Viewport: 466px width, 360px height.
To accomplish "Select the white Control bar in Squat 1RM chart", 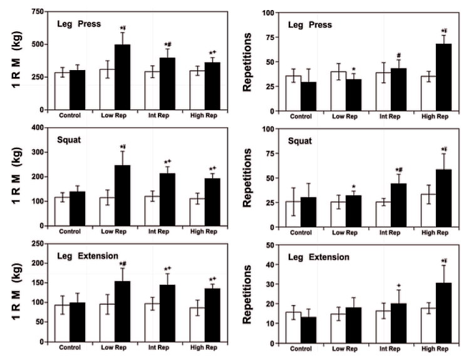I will coord(61,212).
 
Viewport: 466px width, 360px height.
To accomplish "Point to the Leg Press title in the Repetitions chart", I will coord(306,24).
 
